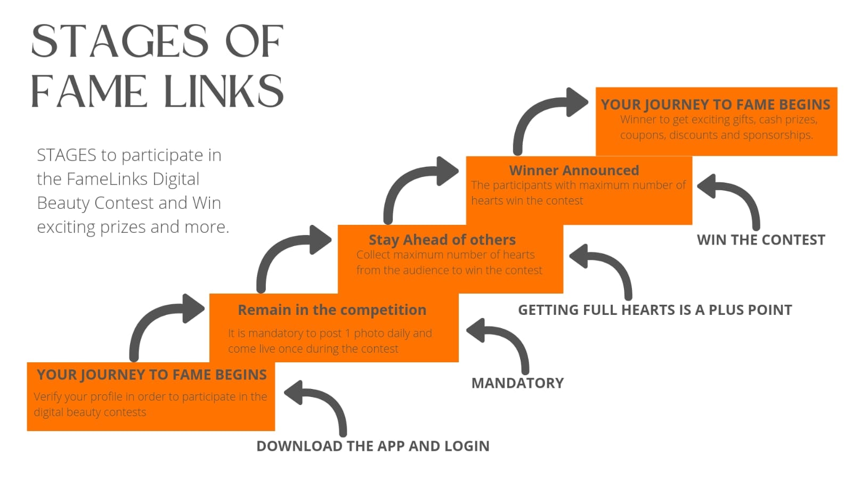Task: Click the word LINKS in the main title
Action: (224, 91)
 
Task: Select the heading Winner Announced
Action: (574, 171)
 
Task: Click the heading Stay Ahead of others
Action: (442, 240)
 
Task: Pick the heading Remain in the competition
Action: (331, 310)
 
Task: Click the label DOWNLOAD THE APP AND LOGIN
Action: (372, 446)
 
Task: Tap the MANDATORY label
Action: (517, 383)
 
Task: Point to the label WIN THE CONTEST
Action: (760, 240)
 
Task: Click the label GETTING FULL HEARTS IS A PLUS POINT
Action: (654, 310)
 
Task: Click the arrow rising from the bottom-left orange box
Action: (160, 320)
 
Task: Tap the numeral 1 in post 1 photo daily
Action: (347, 333)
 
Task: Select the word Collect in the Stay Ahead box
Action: (373, 255)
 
